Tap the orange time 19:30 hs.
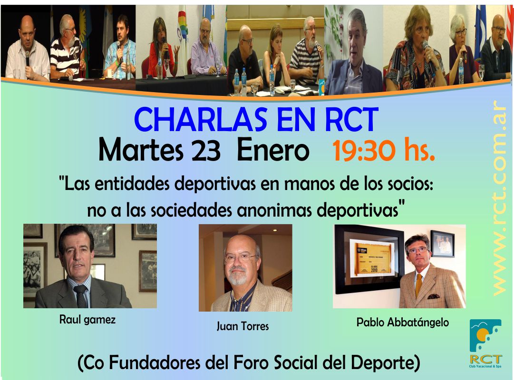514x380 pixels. coord(384,151)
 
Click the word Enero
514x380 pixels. coord(273,151)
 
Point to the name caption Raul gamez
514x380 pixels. coord(87,319)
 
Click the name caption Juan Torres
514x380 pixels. coord(242,326)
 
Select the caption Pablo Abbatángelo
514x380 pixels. coord(403,323)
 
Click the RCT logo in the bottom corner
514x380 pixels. coord(485,343)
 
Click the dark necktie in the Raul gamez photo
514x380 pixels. coord(81,295)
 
